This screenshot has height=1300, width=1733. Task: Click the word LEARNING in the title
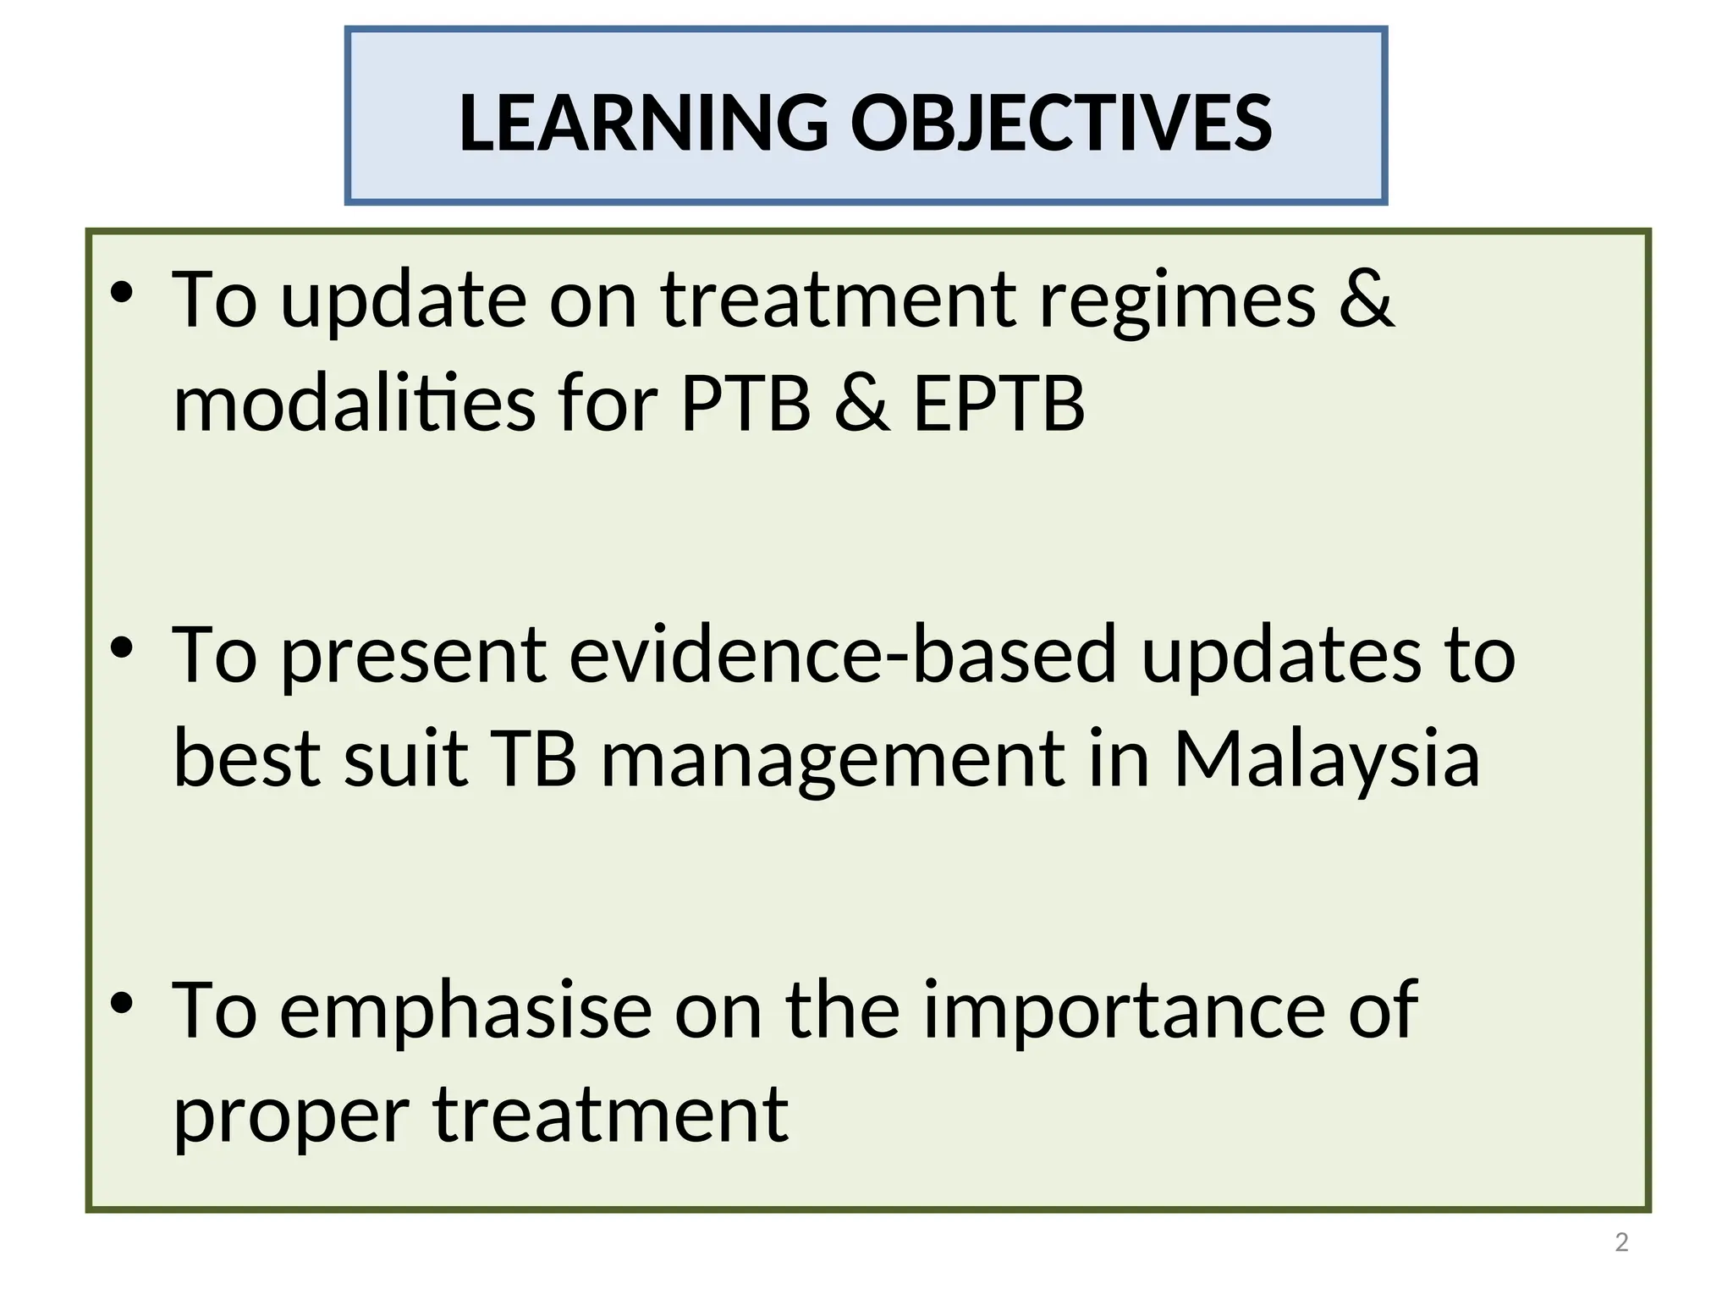tap(643, 123)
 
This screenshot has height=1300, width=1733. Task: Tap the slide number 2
tap(1621, 1242)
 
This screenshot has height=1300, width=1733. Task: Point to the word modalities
tap(354, 404)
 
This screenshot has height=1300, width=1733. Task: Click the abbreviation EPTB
tap(999, 404)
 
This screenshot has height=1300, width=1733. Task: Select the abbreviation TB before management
tap(534, 759)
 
